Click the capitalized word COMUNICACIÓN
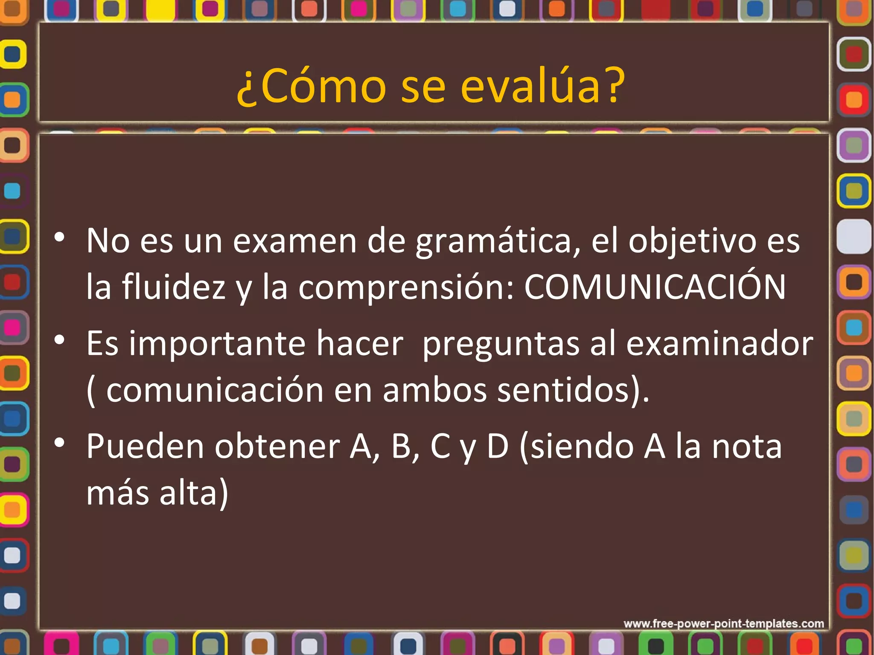(655, 287)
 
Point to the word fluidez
(174, 287)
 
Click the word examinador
(720, 344)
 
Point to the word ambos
(435, 390)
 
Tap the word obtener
(277, 446)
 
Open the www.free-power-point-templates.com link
(723, 623)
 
